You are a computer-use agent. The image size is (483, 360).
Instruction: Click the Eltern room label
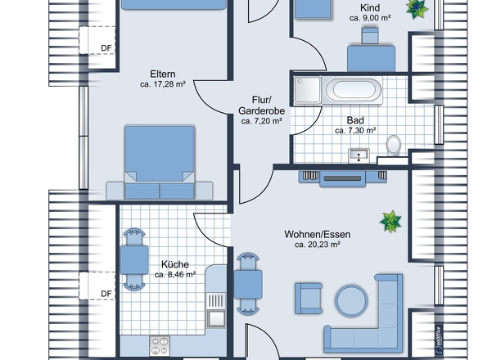coord(163,74)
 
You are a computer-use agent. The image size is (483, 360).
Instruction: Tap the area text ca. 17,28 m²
coord(163,84)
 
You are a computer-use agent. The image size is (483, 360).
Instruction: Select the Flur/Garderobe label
coord(261,106)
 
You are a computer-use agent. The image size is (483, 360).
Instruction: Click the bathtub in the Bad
coord(352,90)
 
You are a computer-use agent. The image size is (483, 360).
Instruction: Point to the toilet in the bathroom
coord(394,145)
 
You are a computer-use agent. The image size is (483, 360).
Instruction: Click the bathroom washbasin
coord(359,155)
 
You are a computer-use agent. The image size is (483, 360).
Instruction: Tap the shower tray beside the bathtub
coord(308,90)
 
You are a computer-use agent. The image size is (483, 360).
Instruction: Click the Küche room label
coord(175,264)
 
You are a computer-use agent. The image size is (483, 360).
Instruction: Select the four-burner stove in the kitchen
coord(160,345)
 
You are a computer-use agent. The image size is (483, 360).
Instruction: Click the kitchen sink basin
coord(216,318)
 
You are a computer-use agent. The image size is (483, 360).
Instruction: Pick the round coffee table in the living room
coord(351,300)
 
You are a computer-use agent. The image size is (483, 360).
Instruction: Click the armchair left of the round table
coord(309,299)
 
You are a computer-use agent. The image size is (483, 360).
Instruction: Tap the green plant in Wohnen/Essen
coord(390,221)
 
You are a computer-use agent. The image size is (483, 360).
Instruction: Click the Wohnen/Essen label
coord(318,234)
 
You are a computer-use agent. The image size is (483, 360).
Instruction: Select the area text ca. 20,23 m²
coord(318,245)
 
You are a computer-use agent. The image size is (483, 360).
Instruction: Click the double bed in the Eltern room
coord(160,162)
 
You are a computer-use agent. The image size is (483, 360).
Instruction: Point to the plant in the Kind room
coord(417,9)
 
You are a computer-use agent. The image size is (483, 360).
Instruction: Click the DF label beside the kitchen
coord(106,294)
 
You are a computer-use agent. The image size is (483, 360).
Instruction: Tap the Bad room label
coord(355,120)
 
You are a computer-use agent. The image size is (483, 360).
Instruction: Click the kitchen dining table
coord(134,260)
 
